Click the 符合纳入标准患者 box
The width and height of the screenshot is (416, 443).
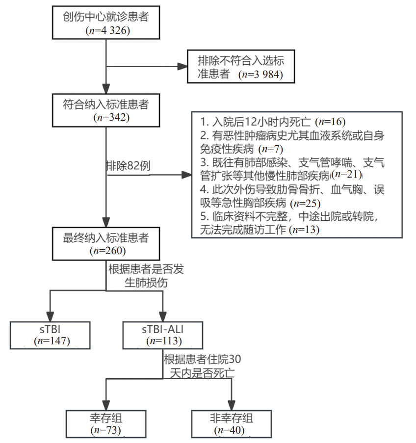click(x=106, y=110)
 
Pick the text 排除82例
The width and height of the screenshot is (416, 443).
click(x=128, y=165)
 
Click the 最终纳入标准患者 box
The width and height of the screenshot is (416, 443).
click(x=106, y=244)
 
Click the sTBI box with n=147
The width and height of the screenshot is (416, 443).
click(x=51, y=334)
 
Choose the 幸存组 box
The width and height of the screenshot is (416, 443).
click(x=106, y=423)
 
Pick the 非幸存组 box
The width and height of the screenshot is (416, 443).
click(x=231, y=423)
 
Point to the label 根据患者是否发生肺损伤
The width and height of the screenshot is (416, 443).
click(x=145, y=276)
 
